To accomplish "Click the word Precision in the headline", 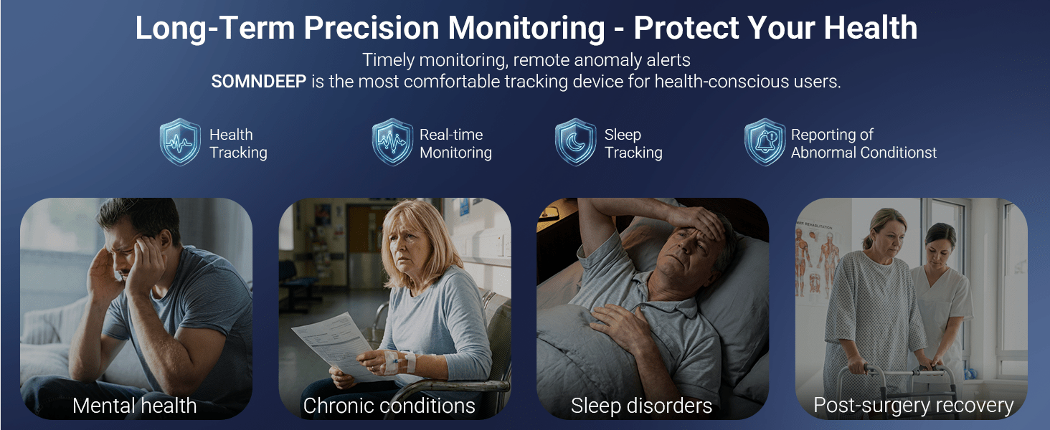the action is (x=372, y=28).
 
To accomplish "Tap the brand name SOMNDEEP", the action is (x=259, y=82).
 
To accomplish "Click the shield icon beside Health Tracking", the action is (x=180, y=142).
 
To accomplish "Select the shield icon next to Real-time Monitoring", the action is (x=392, y=142).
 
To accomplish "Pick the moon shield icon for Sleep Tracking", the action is (x=575, y=142).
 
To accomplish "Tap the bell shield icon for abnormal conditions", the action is (x=765, y=142).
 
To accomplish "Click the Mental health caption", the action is (x=135, y=406).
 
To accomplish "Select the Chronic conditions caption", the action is (x=389, y=406).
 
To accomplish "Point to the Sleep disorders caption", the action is (x=641, y=406).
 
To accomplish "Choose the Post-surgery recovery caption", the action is (x=913, y=406).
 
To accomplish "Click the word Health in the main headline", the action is (x=871, y=28).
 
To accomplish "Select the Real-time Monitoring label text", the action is (x=455, y=143).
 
